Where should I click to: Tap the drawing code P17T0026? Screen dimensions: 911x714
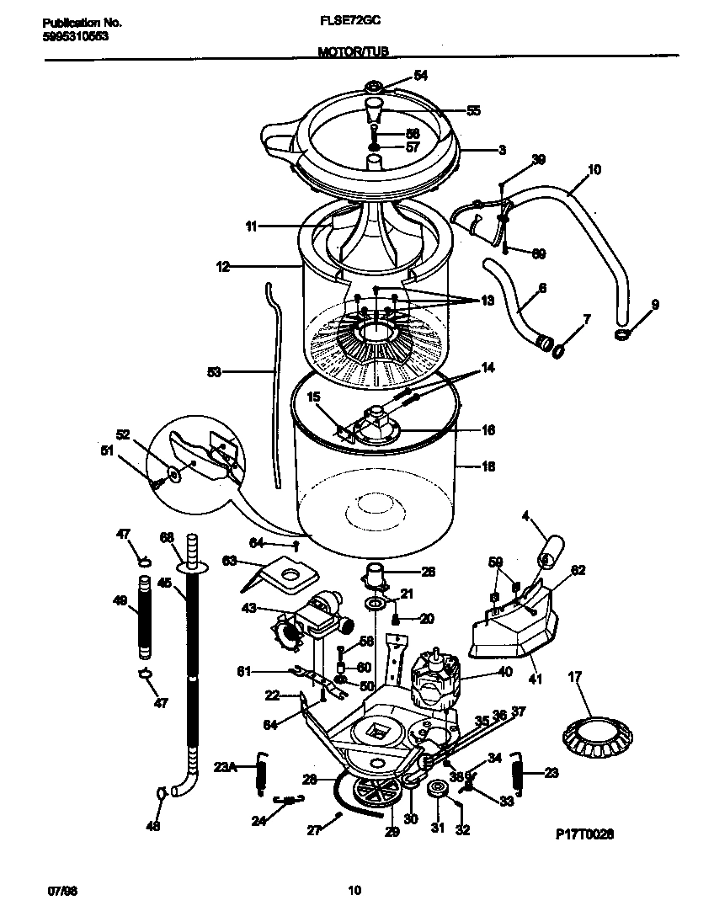click(584, 834)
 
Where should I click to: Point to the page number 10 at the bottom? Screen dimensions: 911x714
click(354, 889)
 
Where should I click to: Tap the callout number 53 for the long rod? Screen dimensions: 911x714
click(214, 370)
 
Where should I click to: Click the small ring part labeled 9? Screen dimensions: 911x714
click(622, 335)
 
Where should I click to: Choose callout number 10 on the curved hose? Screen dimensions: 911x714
click(594, 169)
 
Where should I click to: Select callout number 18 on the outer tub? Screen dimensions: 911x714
click(488, 466)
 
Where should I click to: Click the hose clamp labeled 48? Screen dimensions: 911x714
click(160, 792)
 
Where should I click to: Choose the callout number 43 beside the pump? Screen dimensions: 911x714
click(250, 609)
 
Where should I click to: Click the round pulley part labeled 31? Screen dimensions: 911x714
click(437, 790)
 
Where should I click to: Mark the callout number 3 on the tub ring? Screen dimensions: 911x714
click(501, 151)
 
